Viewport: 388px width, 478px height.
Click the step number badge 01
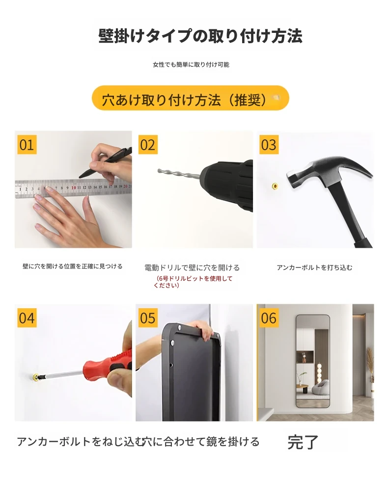click(x=27, y=144)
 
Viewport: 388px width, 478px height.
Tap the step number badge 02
click(x=148, y=144)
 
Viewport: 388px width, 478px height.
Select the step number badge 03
click(x=269, y=144)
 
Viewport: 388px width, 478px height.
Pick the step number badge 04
click(x=27, y=318)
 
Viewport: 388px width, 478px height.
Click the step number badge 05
click(x=148, y=318)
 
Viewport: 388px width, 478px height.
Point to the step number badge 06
click(x=269, y=318)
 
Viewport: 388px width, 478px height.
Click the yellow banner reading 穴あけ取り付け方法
click(x=191, y=98)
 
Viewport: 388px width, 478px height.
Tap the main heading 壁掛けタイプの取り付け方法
click(x=200, y=36)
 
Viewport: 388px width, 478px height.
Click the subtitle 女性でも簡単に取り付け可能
click(x=191, y=65)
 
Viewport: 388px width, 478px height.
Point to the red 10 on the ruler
click(x=74, y=187)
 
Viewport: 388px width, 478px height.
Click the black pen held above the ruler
click(x=106, y=162)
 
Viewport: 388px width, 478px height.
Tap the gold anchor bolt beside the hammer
click(x=275, y=186)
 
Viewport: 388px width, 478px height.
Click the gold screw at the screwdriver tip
click(x=36, y=378)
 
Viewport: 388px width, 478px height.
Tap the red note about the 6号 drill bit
click(x=193, y=282)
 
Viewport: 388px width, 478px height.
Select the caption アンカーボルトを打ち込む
click(x=314, y=267)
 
